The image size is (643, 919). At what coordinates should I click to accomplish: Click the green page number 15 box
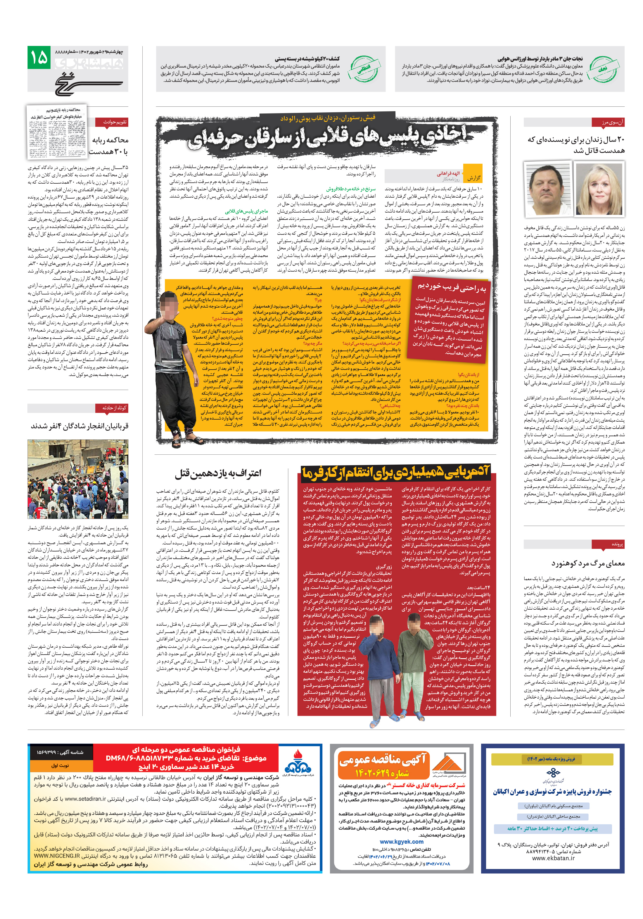coord(39,57)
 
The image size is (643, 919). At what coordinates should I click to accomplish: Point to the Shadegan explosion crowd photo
coord(78,479)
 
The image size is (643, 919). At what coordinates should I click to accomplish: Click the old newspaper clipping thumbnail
coord(56,131)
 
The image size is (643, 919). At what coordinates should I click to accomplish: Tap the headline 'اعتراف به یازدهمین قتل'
coord(218,473)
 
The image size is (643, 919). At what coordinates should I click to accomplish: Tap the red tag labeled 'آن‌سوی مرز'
coord(608,123)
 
